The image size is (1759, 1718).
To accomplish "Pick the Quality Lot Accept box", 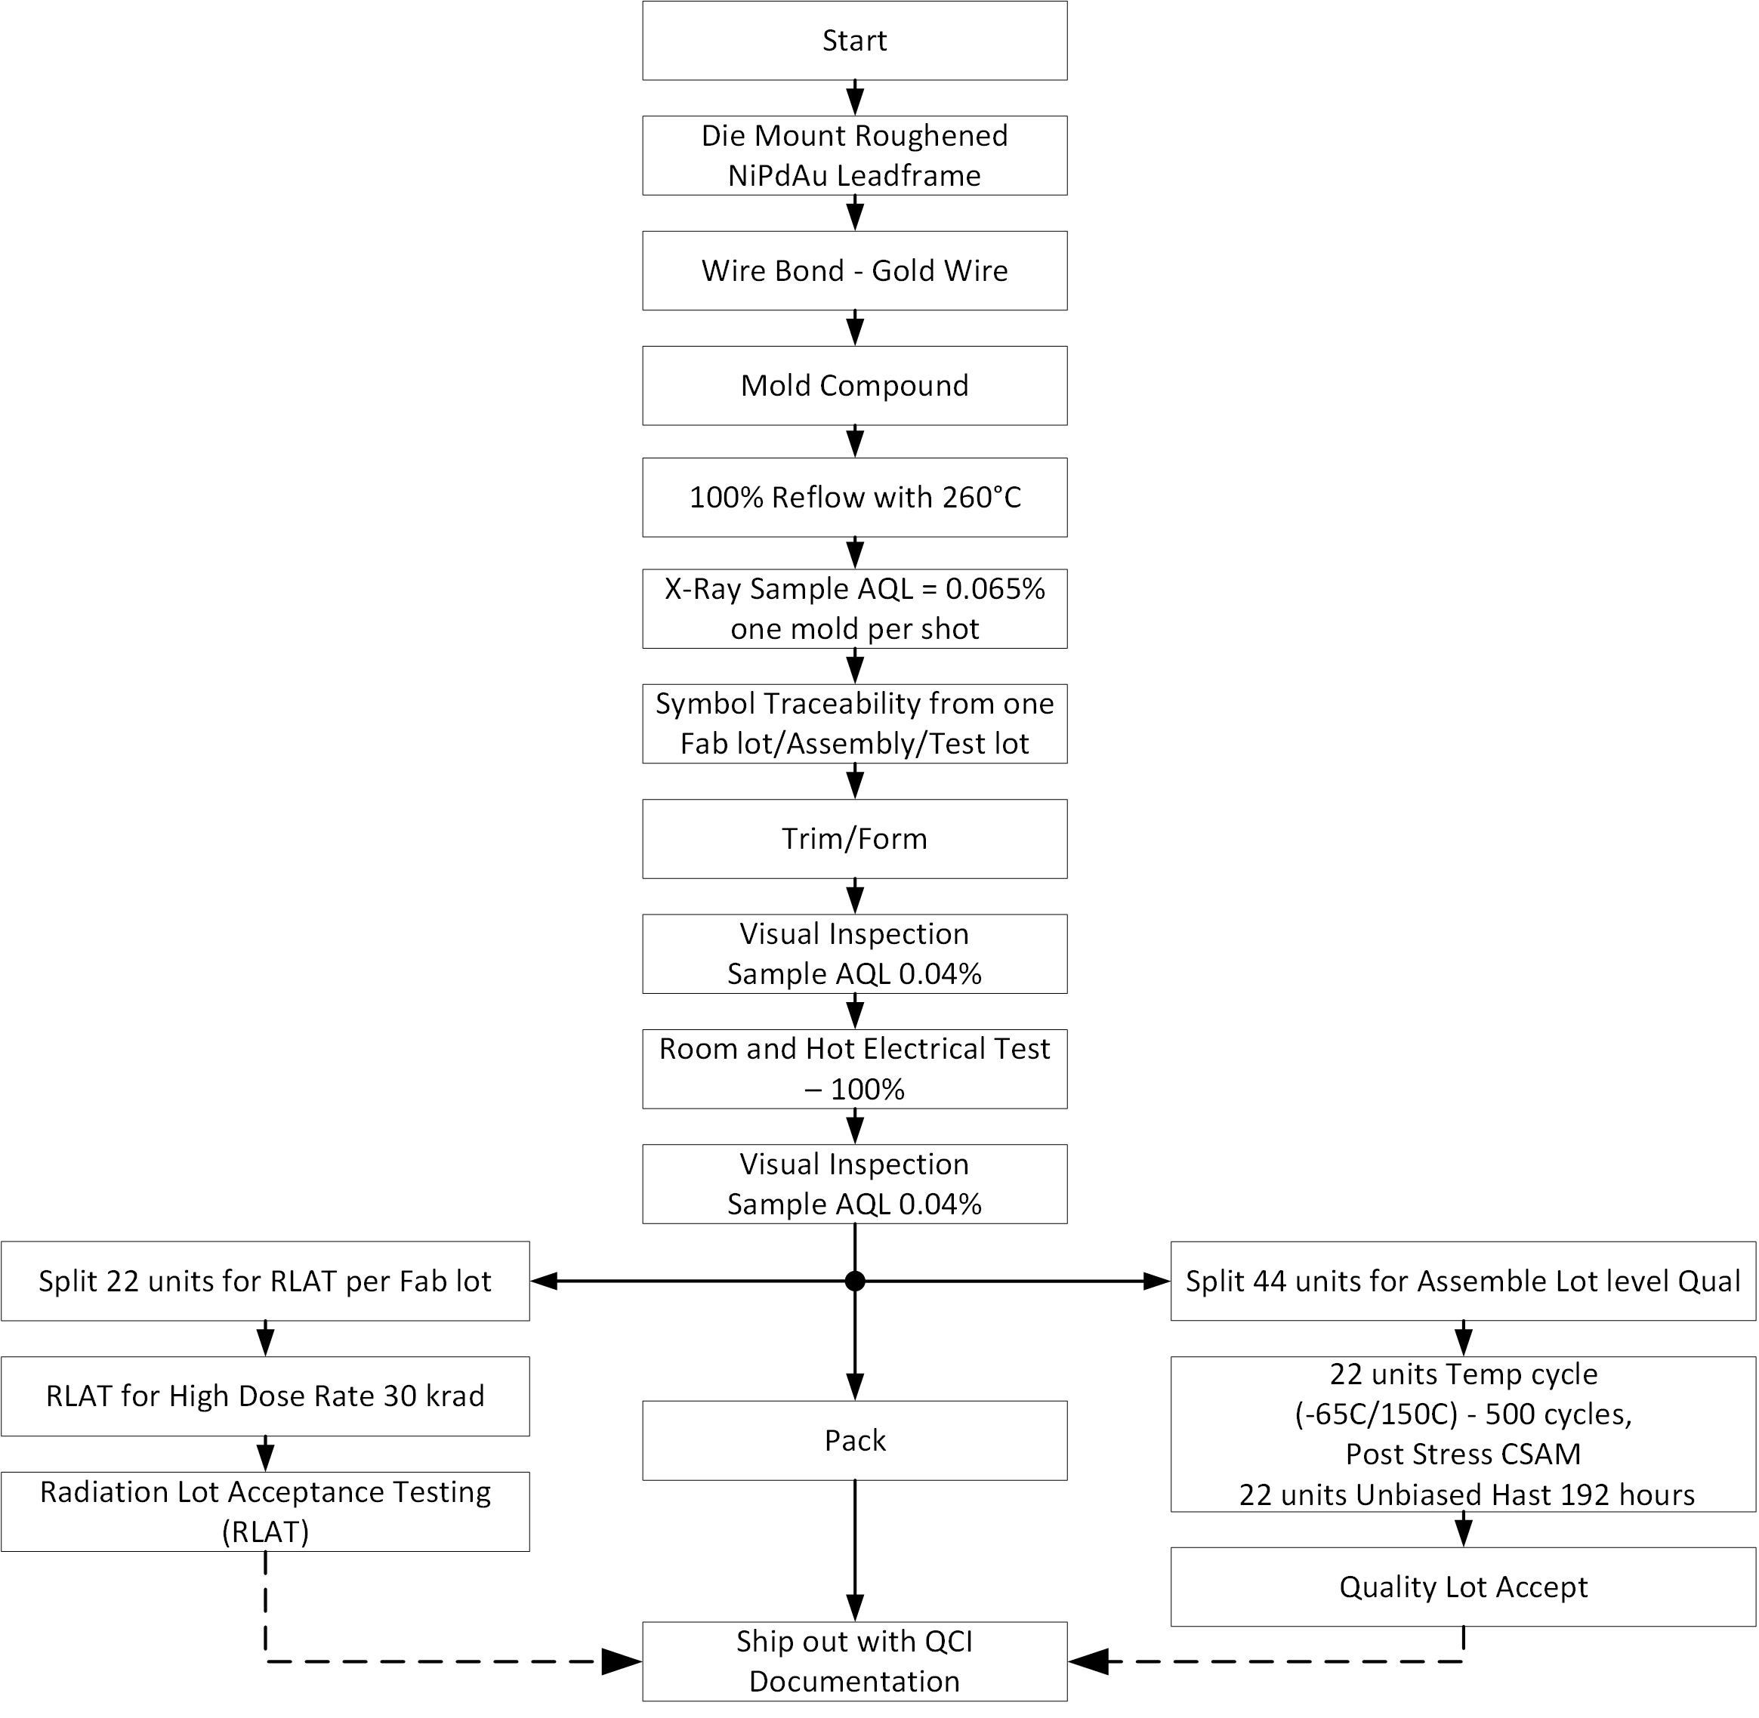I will pos(1463,1587).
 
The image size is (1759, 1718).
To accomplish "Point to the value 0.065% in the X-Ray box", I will pos(995,589).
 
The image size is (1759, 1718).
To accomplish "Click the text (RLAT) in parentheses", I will pos(265,1531).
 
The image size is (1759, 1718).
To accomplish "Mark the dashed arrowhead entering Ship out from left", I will pos(621,1661).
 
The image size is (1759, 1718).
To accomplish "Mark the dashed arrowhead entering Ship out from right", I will pos(1089,1661).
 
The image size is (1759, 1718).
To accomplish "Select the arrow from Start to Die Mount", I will pos(855,97).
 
